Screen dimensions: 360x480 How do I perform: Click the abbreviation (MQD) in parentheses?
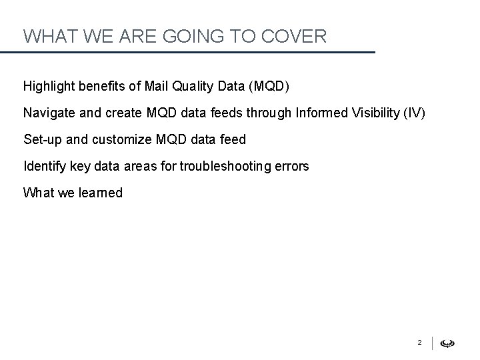pyautogui.click(x=266, y=86)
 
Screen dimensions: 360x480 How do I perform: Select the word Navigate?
pyautogui.click(x=47, y=113)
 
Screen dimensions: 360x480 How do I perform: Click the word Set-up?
pyautogui.click(x=42, y=139)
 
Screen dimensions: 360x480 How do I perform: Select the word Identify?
pyautogui.click(x=43, y=166)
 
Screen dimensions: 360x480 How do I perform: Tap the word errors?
pyautogui.click(x=291, y=166)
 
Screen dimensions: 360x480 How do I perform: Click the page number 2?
pyautogui.click(x=419, y=343)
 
